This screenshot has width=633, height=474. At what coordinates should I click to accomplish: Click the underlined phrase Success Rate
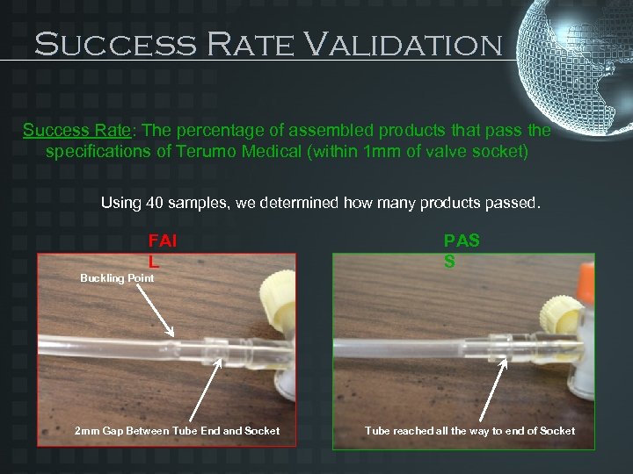(x=76, y=131)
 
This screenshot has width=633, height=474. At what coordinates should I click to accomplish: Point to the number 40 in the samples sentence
(x=156, y=203)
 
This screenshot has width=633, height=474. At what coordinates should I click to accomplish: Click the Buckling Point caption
(x=117, y=278)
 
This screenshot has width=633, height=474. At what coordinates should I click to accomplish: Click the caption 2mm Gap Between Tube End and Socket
(x=178, y=430)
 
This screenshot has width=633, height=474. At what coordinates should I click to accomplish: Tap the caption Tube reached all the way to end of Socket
(x=470, y=430)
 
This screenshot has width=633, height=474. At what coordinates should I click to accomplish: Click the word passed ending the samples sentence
(x=513, y=203)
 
